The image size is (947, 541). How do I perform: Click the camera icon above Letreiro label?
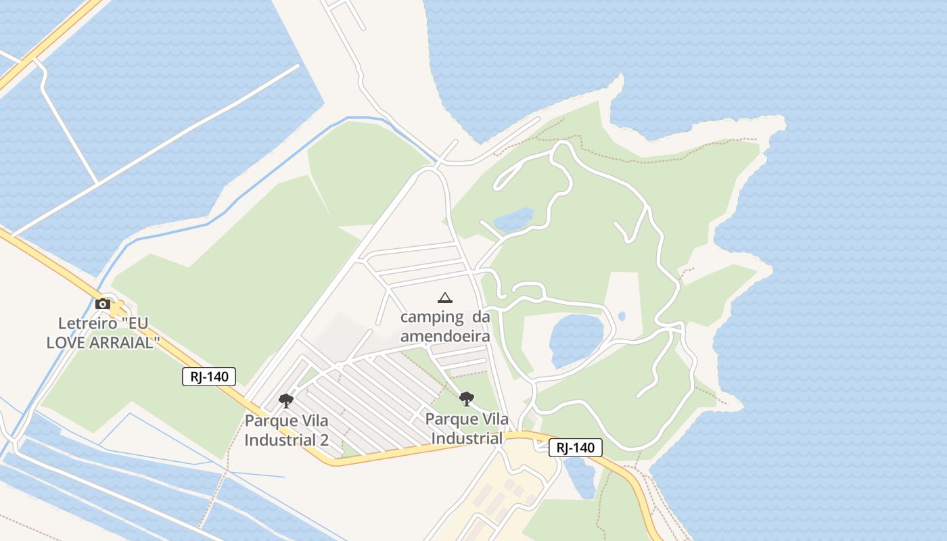click(103, 304)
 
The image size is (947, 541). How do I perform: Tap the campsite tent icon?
click(444, 298)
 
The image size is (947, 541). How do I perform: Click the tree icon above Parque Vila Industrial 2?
click(286, 400)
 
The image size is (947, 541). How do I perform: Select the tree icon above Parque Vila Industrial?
click(466, 399)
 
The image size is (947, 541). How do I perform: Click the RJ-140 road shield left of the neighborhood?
click(209, 377)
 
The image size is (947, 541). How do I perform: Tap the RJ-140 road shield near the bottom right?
click(575, 447)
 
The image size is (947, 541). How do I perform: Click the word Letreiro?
click(83, 323)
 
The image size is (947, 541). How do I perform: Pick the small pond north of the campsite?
click(513, 220)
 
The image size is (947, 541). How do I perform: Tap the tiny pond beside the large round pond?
click(622, 316)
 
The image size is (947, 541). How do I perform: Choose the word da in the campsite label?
click(480, 316)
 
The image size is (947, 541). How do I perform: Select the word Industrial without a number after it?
click(466, 438)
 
